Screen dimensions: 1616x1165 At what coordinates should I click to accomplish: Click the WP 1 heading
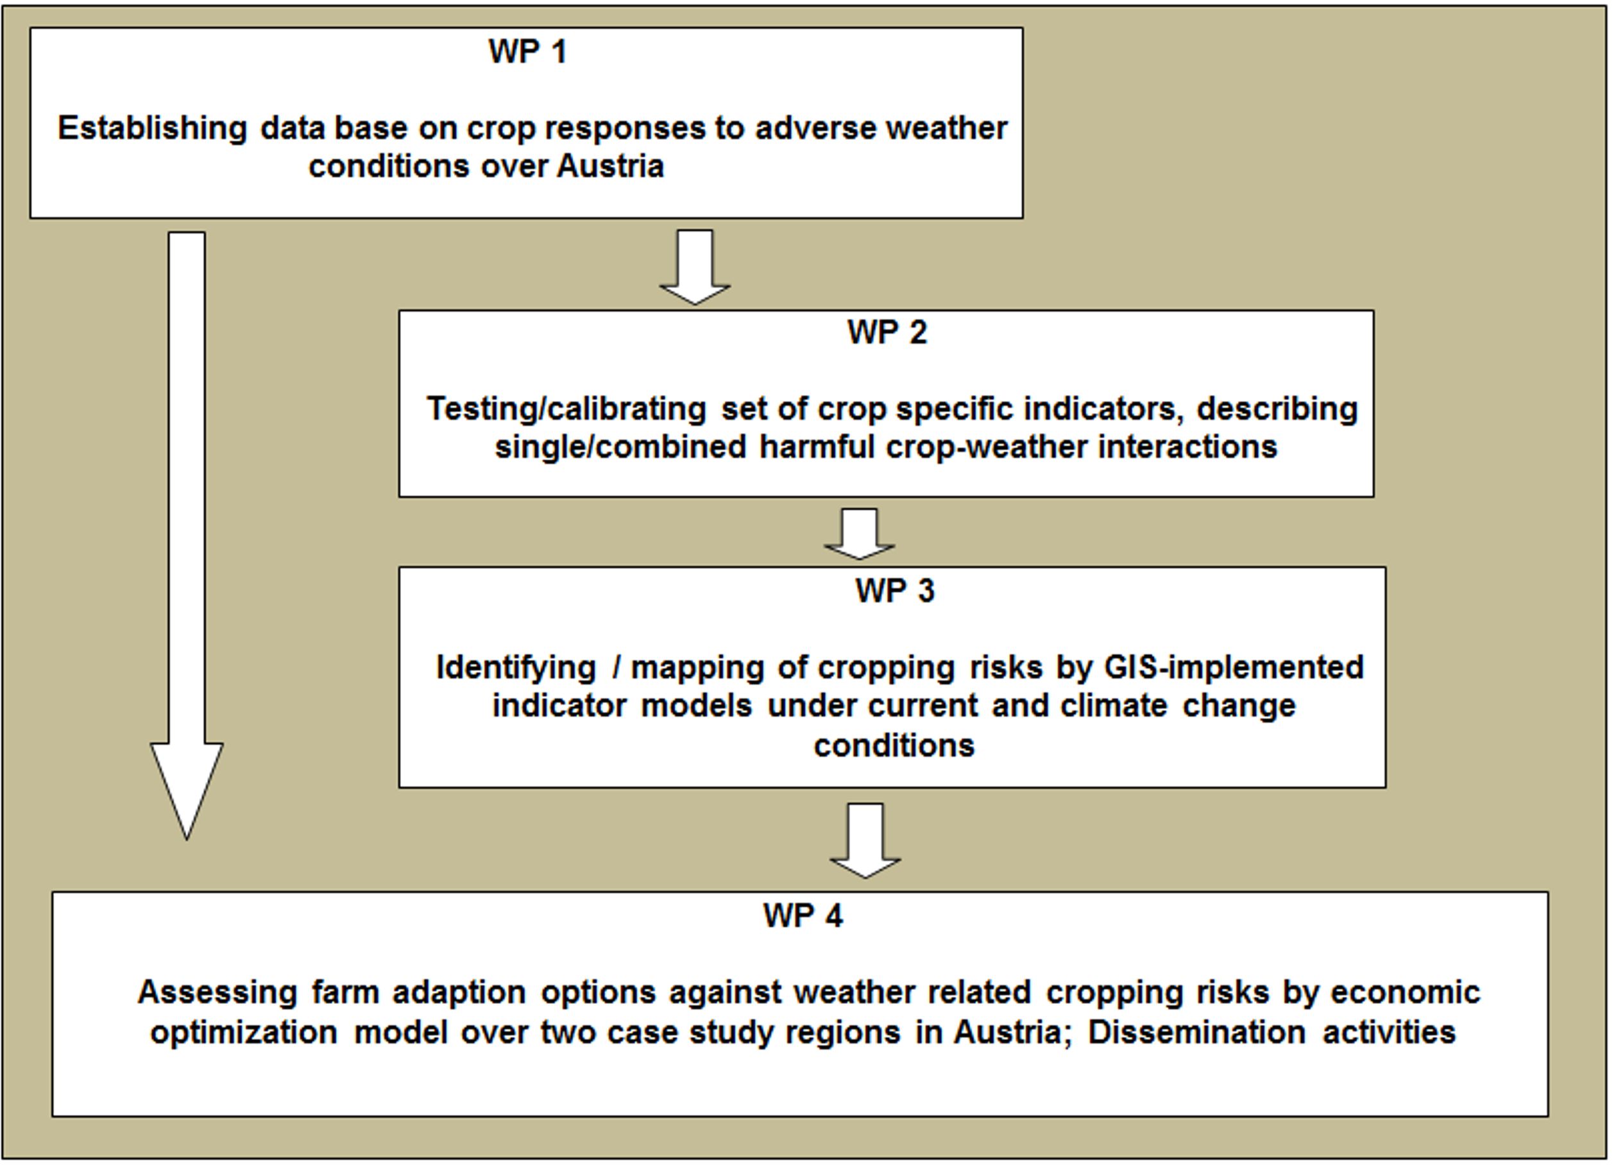point(527,52)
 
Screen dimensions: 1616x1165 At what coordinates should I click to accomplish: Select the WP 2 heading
point(887,333)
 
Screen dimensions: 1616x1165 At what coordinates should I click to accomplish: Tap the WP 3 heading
point(895,591)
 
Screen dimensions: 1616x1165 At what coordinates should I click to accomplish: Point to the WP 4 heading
point(803,915)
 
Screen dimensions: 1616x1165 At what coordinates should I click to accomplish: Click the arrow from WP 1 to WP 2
point(695,268)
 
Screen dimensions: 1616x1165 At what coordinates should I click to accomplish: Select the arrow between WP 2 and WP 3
point(859,534)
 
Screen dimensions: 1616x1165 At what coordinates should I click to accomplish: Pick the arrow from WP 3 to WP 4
point(865,841)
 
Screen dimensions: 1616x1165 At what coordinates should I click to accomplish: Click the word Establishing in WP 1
point(153,129)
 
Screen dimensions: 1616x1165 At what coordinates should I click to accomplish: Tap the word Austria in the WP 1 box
point(611,167)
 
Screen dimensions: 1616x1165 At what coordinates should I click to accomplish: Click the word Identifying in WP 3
point(516,668)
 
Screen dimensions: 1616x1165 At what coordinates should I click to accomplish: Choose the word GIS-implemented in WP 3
point(1234,668)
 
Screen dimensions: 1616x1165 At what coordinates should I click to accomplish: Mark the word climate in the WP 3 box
point(1114,706)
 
